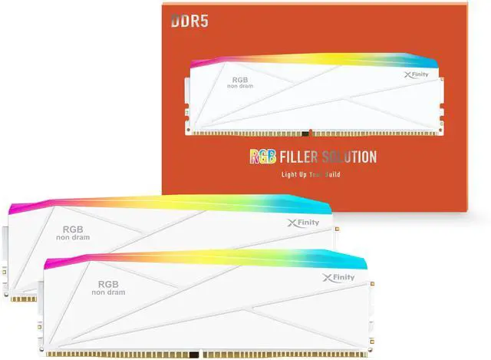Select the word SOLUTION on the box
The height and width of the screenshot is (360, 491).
[349, 157]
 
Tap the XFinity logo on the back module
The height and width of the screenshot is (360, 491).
[303, 223]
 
